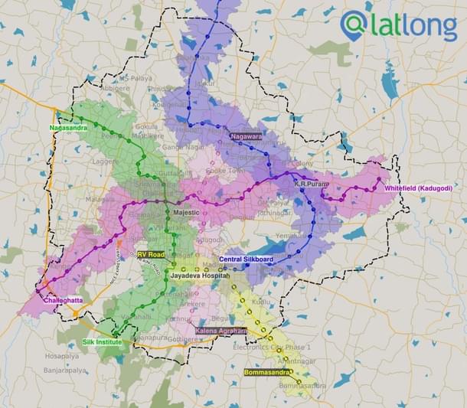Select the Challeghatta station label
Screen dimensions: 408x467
64,301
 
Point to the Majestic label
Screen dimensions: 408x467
185,212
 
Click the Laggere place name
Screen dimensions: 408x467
103,162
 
